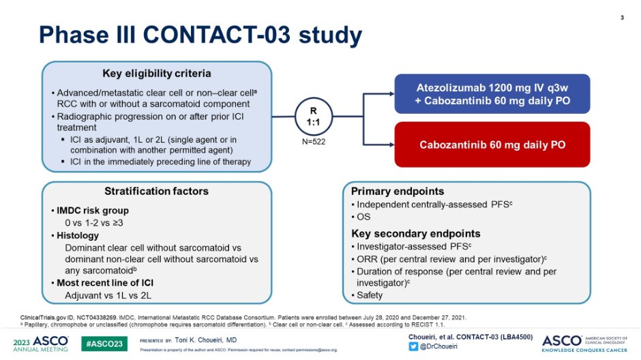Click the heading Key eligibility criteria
[157, 74]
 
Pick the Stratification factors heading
[156, 192]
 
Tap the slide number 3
[622, 17]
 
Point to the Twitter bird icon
[413, 346]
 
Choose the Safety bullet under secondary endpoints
[369, 295]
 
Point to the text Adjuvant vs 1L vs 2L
[108, 295]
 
